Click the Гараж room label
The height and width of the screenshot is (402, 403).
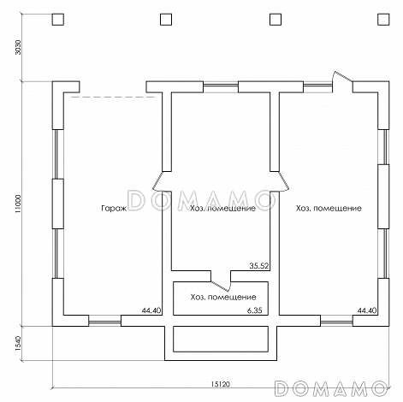(114, 209)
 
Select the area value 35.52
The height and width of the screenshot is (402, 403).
(259, 266)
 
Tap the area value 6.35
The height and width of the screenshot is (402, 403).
(254, 310)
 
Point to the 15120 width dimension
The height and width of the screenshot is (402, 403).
(221, 384)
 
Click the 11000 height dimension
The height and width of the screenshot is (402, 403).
(18, 204)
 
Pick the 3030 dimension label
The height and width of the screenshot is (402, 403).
(18, 47)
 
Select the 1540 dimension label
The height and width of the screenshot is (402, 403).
(18, 343)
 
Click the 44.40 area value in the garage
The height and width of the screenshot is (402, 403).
(151, 310)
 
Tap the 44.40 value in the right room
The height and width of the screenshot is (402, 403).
(367, 310)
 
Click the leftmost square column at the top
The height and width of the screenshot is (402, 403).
(58, 20)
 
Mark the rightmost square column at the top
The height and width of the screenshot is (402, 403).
(383, 20)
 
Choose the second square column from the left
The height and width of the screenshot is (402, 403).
(166, 20)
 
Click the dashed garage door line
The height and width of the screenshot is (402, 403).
(113, 98)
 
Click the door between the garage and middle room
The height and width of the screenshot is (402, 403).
(157, 181)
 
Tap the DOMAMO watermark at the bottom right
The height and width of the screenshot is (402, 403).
(330, 388)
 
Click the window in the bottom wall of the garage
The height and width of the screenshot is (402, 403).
(104, 322)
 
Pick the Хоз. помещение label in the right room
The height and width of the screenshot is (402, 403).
(329, 209)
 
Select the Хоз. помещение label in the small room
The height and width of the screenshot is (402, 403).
(223, 297)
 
